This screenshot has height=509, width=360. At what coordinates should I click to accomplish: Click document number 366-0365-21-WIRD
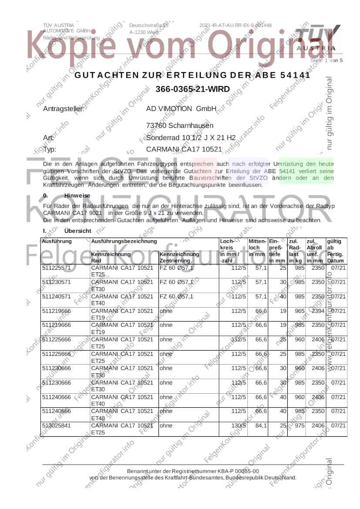192,89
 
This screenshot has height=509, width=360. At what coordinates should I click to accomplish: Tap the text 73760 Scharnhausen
180,126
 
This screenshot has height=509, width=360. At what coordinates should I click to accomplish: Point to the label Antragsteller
64,108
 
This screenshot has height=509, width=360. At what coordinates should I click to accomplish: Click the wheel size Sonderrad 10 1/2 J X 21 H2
191,138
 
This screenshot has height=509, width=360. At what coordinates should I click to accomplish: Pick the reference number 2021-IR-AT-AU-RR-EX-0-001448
236,25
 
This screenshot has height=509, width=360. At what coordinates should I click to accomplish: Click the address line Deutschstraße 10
148,25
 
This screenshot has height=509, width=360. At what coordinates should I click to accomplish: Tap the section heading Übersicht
77,231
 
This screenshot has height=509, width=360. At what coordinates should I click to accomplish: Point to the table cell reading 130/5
239,425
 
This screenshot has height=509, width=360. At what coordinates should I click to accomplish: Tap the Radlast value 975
297,425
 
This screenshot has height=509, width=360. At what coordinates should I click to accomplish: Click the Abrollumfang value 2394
317,311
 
